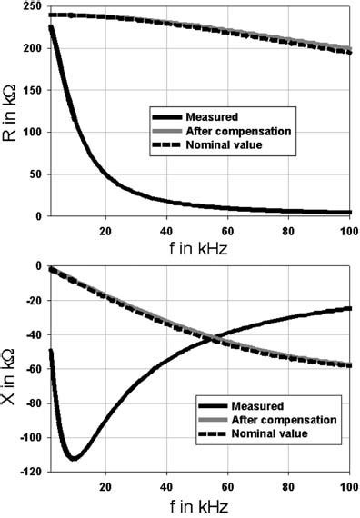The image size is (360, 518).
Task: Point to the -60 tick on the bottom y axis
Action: coord(31,369)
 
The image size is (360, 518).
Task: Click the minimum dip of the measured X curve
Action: coord(74,457)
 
